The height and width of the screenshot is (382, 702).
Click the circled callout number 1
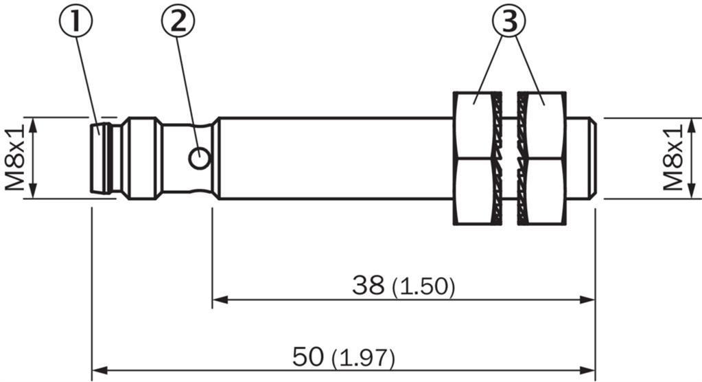pos(75,21)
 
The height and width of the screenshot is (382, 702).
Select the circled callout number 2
pos(178,21)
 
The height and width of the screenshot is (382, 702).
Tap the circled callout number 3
pos(509,21)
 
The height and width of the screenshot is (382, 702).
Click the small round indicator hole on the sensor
pos(199,158)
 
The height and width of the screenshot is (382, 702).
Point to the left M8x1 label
pos(14,158)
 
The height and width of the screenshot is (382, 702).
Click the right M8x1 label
pos(673,158)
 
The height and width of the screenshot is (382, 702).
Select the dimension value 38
pos(368,285)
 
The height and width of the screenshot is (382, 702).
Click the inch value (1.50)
pos(423,287)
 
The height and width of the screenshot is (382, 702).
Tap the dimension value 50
pos(308,357)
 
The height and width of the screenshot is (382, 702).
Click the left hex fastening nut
pos(477,158)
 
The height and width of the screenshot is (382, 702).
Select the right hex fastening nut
pos(541,158)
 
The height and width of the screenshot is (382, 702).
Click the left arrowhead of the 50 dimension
pos(100,371)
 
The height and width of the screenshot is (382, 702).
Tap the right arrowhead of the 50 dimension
pos(587,371)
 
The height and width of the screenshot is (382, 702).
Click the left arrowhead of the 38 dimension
pos(220,300)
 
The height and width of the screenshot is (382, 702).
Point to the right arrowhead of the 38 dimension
pos(587,300)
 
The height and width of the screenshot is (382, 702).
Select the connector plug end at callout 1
pos(102,158)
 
